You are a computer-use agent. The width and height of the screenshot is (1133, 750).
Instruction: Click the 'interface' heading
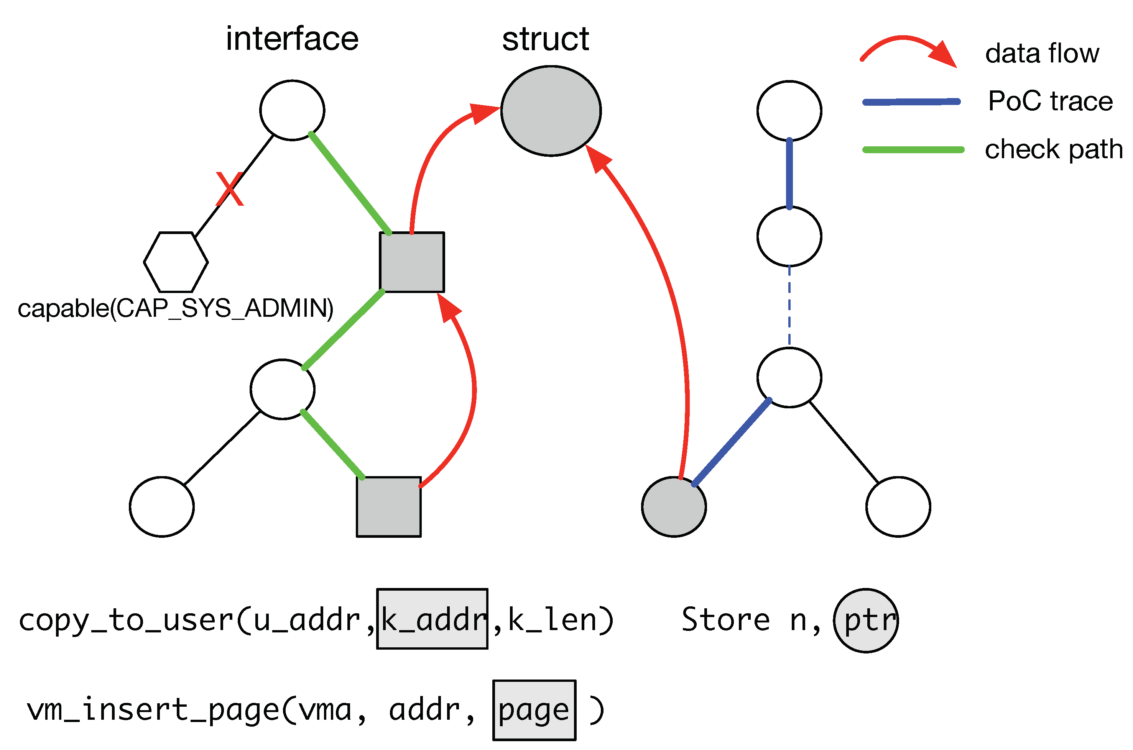(x=292, y=39)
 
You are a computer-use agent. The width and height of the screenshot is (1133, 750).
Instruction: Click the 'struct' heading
(x=545, y=39)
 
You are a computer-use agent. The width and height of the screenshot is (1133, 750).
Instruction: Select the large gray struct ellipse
(x=551, y=111)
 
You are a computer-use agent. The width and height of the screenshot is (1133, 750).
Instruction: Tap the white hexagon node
(x=176, y=262)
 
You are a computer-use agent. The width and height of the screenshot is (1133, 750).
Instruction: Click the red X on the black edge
(x=230, y=189)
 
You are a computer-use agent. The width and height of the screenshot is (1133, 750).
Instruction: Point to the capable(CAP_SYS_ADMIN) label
(x=175, y=308)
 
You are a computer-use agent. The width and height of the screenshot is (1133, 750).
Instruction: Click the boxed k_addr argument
(x=432, y=619)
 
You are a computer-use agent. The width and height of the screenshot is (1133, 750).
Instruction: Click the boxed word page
(x=534, y=710)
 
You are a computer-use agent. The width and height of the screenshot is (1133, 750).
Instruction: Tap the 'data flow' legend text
(x=1042, y=53)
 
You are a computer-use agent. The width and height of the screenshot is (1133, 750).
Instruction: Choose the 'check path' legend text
(x=1054, y=149)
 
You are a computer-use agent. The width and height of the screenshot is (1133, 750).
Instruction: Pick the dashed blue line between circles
(x=789, y=306)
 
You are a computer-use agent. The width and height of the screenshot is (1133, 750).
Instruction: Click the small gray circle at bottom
(x=674, y=507)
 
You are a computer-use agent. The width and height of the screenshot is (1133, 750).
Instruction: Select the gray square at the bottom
(x=389, y=507)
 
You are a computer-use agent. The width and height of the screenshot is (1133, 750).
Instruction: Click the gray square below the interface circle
(x=412, y=262)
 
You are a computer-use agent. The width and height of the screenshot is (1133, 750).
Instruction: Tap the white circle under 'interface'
(x=292, y=110)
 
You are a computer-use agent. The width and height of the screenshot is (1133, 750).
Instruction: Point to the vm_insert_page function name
(x=153, y=710)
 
